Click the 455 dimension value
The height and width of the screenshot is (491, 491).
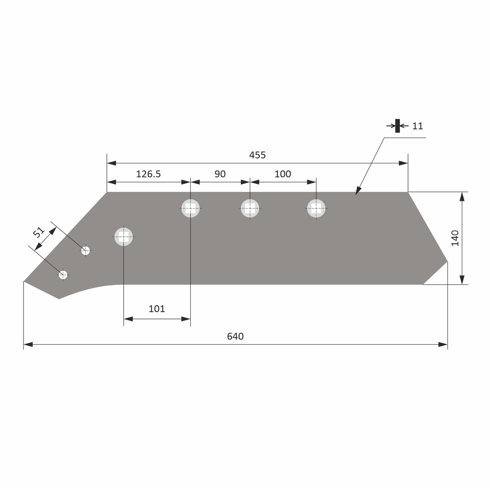tap(257, 155)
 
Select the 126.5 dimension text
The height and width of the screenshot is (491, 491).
tap(149, 174)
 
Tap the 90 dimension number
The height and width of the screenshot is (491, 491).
tap(220, 174)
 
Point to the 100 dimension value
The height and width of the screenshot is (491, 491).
tap(283, 174)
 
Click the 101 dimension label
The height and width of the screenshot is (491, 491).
tap(157, 309)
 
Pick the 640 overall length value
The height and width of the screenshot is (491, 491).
tap(235, 336)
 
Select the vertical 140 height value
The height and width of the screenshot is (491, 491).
tap(455, 238)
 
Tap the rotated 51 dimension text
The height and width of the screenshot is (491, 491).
tap(38, 233)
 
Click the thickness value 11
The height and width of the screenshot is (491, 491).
tap(418, 126)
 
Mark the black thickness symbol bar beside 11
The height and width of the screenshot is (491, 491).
tap(397, 126)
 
